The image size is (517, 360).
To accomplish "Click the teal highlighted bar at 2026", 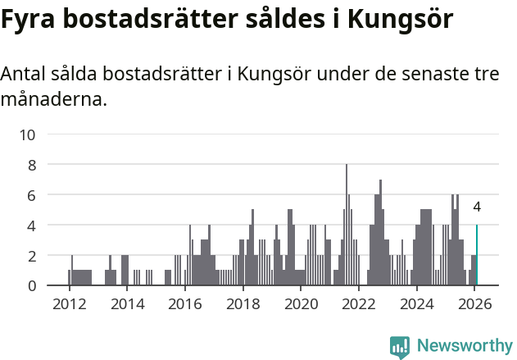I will (477, 255).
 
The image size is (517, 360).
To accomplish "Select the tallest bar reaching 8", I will (347, 226).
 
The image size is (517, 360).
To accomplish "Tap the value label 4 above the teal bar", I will (477, 207).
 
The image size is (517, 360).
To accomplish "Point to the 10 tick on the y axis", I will (27, 134).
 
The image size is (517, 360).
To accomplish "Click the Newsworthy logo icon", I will (399, 347).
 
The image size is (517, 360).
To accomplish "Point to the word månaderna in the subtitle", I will (53, 101).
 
